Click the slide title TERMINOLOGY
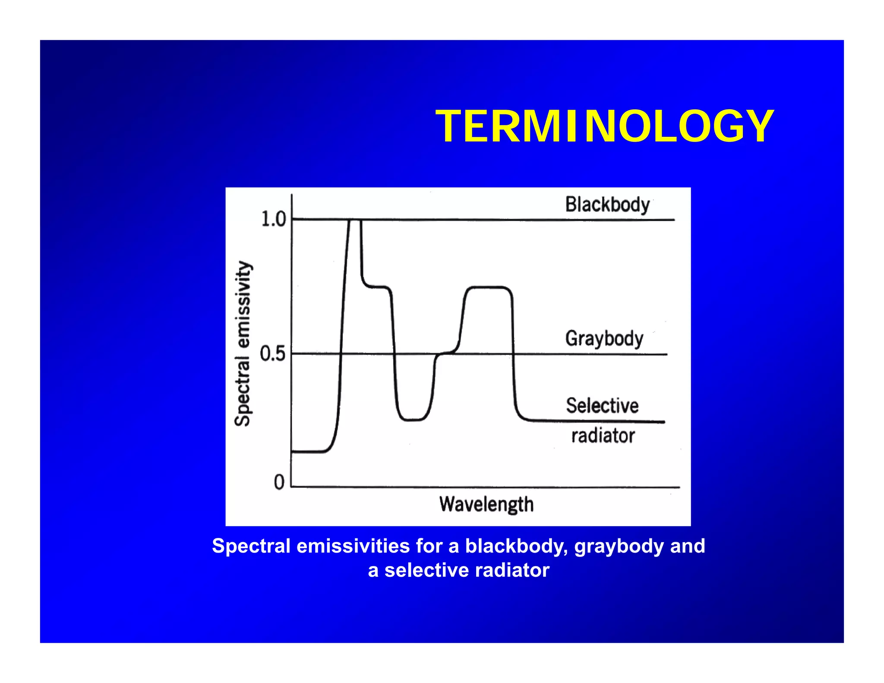pos(604,126)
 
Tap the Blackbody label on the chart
pos(607,205)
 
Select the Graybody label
pos(604,338)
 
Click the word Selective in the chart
pos(602,406)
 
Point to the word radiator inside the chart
pos(603,436)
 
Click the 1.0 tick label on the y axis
pos(274,219)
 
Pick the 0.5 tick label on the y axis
pos(273,354)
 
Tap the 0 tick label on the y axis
pos(279,482)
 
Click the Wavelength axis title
pos(486,504)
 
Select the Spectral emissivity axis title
pos(243,344)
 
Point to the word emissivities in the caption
pos(353,546)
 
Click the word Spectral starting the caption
pos(251,546)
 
